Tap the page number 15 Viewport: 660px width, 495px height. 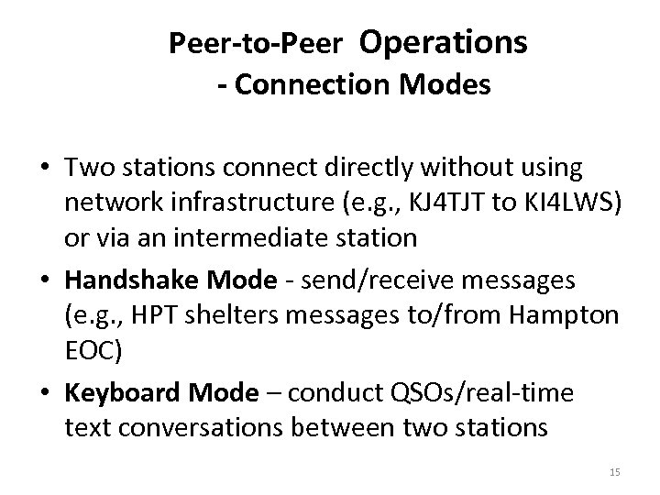[614, 472]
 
